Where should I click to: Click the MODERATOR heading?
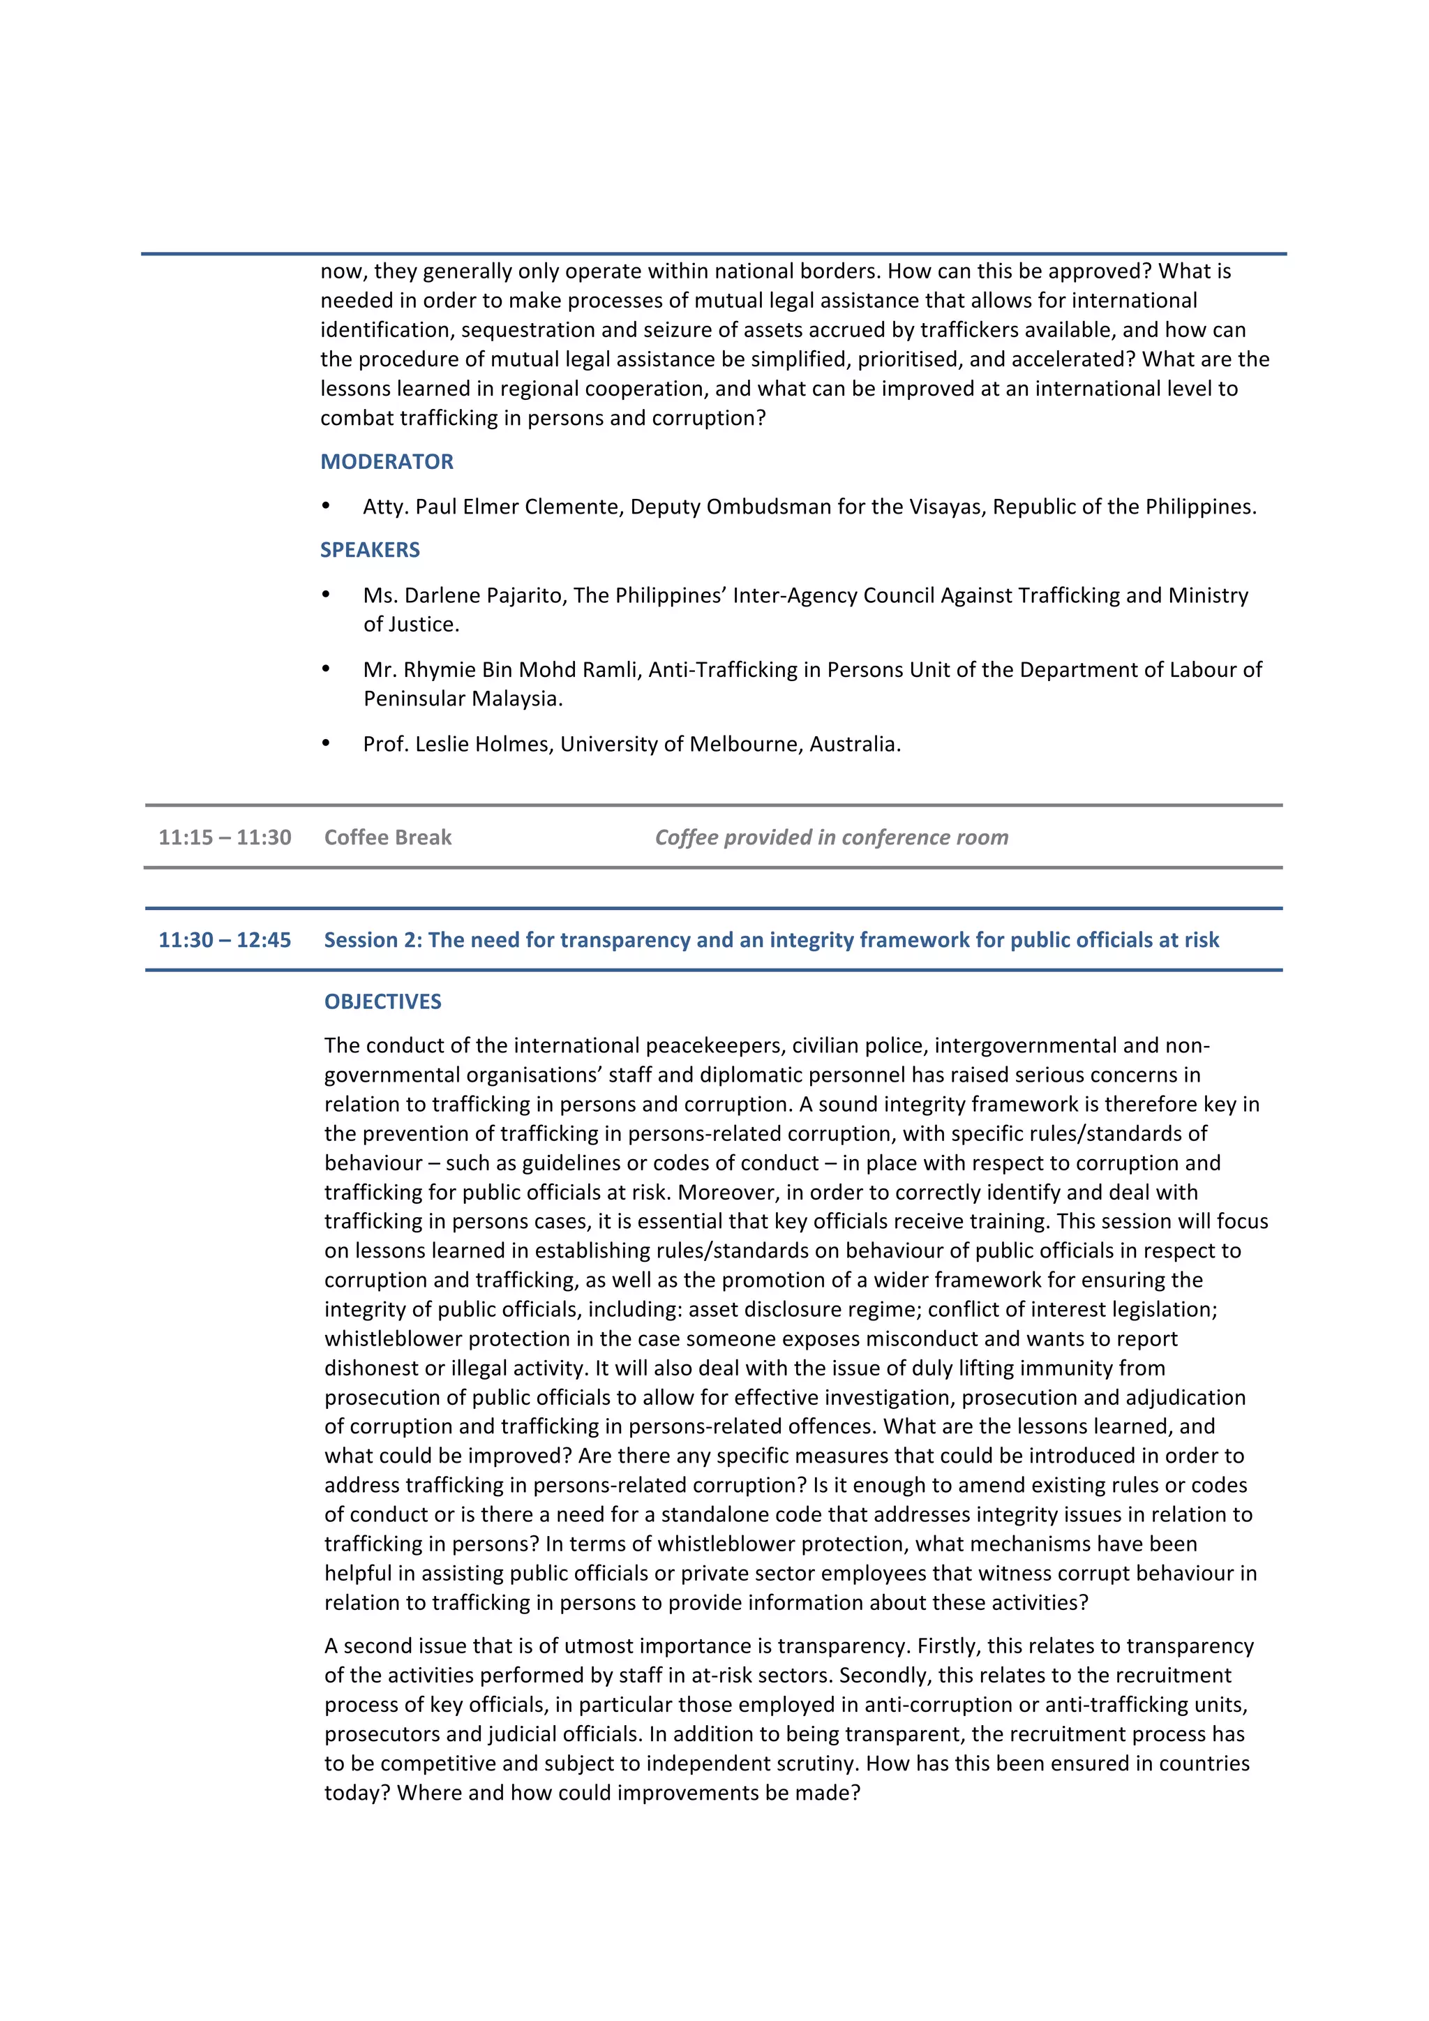click(387, 461)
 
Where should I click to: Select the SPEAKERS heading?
click(370, 549)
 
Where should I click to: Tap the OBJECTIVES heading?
click(383, 1001)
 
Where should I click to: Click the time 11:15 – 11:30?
click(225, 837)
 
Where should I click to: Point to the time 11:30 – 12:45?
click(225, 939)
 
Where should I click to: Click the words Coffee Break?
click(387, 837)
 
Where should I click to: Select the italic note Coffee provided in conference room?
click(832, 837)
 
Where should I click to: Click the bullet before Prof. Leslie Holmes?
click(326, 744)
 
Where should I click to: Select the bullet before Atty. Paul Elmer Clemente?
click(326, 506)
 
